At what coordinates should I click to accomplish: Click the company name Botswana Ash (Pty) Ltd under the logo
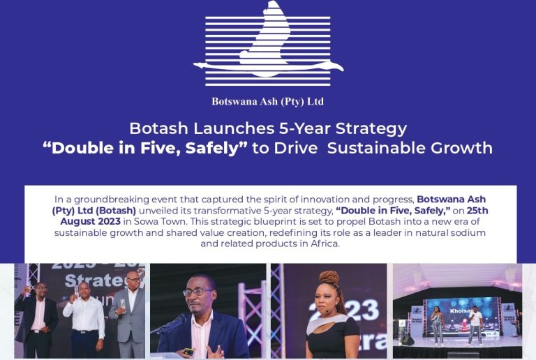(267, 101)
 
